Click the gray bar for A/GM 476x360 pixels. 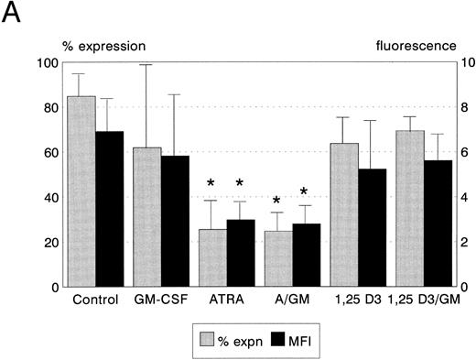coord(278,258)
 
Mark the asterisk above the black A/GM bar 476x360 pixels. coord(305,192)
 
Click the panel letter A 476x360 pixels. coord(12,15)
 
